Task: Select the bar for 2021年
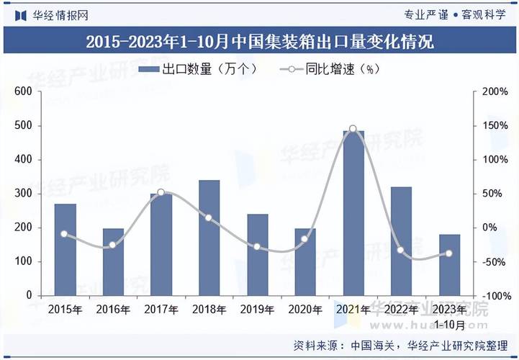(x=353, y=213)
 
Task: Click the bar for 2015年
(x=65, y=249)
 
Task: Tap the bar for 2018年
(x=209, y=238)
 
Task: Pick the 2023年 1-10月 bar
(x=449, y=264)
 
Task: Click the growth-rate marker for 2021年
(x=353, y=129)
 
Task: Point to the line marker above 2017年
(x=161, y=192)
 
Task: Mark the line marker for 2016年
(x=112, y=246)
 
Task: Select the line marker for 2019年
(x=257, y=247)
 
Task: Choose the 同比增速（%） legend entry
(x=328, y=70)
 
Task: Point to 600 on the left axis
(x=23, y=91)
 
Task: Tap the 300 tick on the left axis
(x=23, y=194)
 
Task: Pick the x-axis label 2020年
(x=305, y=310)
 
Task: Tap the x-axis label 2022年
(x=401, y=310)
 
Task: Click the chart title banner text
(x=259, y=41)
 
